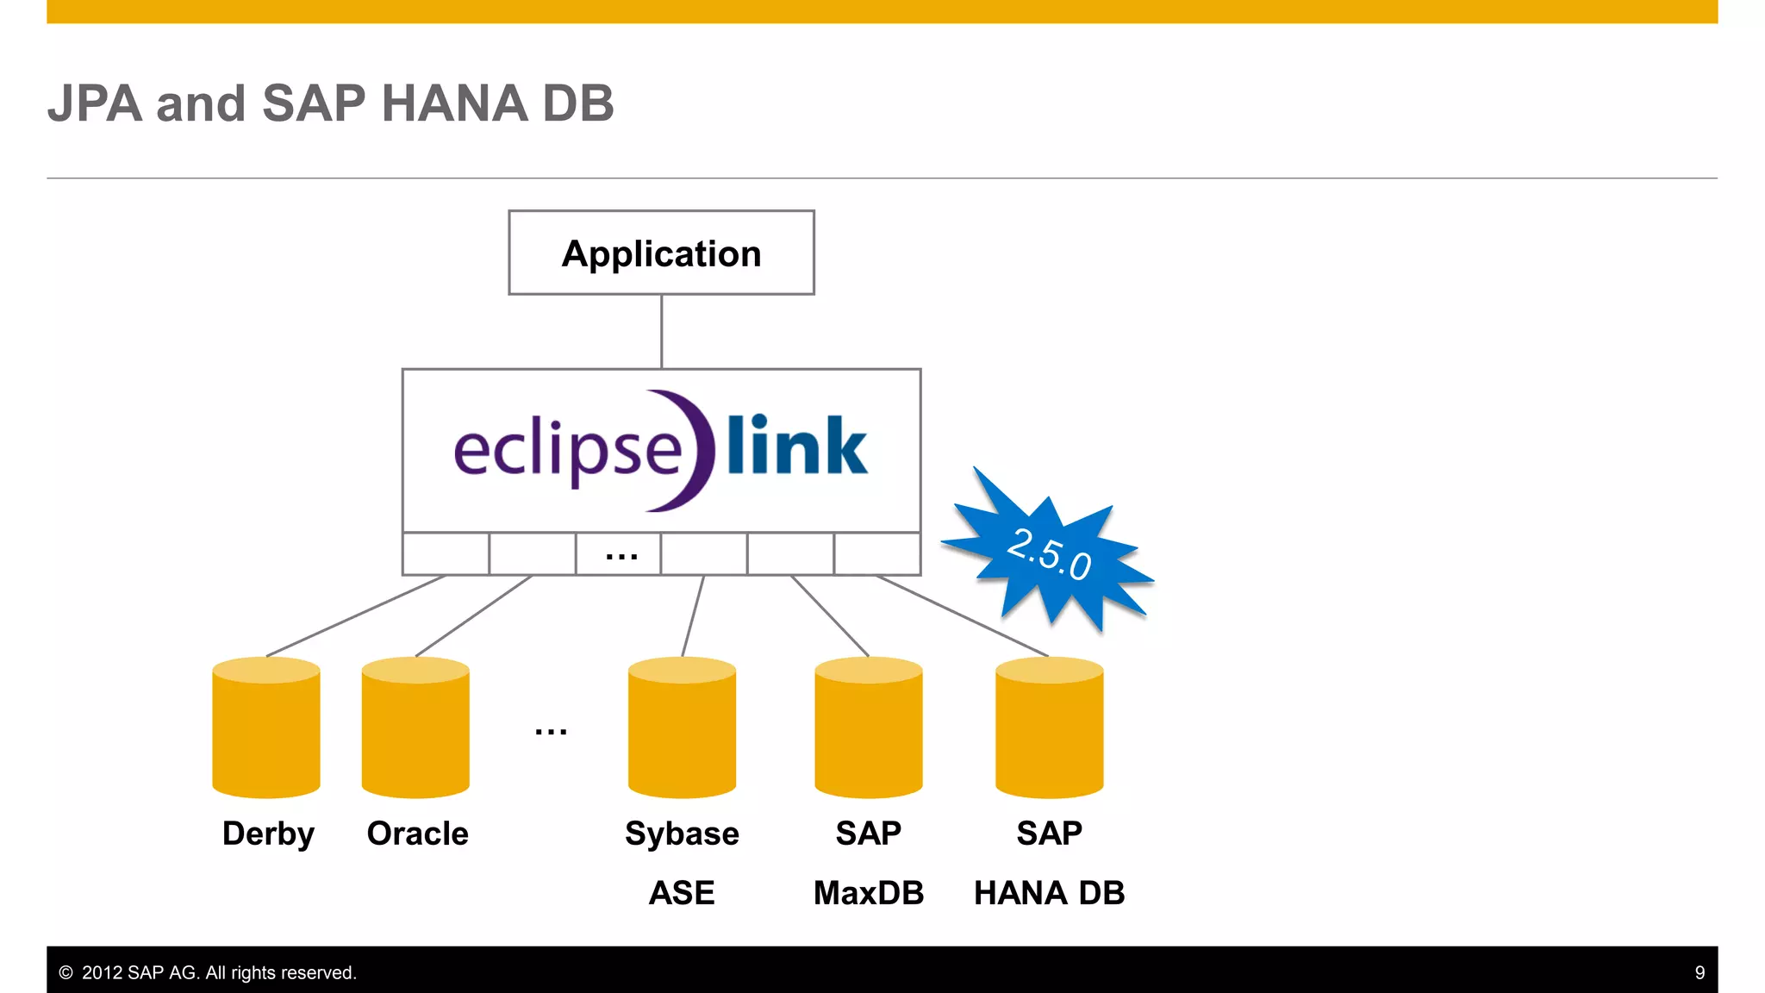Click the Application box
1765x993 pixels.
click(661, 253)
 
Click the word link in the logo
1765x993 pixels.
click(796, 447)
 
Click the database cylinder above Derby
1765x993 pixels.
click(266, 728)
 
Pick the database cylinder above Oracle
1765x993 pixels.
click(415, 728)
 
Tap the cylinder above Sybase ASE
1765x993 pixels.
click(682, 728)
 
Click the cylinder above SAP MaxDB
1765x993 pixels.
click(869, 728)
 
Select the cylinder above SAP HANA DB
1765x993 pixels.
click(1049, 728)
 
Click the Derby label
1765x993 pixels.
click(268, 834)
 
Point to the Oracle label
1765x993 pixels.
click(417, 834)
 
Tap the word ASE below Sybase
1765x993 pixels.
click(681, 893)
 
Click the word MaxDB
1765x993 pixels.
click(869, 893)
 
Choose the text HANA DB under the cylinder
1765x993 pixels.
click(1049, 893)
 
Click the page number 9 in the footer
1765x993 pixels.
click(1700, 972)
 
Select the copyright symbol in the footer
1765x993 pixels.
click(65, 972)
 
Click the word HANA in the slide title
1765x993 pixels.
click(453, 103)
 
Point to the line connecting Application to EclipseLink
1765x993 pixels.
click(661, 332)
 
